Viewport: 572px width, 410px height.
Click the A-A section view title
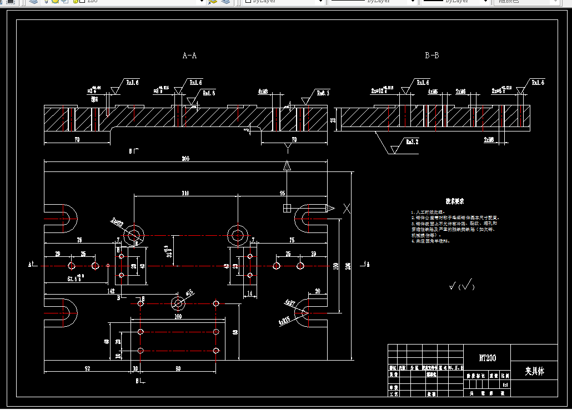pyautogui.click(x=189, y=55)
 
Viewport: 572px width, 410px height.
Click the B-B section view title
pyautogui.click(x=432, y=55)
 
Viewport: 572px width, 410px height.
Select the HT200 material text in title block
pyautogui.click(x=486, y=358)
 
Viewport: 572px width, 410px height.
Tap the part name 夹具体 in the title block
pyautogui.click(x=534, y=371)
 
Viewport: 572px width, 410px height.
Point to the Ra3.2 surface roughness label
pyautogui.click(x=412, y=142)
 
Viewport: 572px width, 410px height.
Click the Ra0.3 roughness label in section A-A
pyautogui.click(x=323, y=93)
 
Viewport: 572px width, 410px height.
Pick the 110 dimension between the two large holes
pyautogui.click(x=185, y=193)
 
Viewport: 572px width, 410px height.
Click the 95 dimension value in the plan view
pyautogui.click(x=283, y=193)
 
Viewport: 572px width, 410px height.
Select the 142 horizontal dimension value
pyautogui.click(x=111, y=290)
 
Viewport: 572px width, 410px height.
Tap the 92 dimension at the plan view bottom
pyautogui.click(x=87, y=368)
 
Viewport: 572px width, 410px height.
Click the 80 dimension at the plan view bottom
pyautogui.click(x=178, y=368)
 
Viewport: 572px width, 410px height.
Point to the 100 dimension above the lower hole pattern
pyautogui.click(x=178, y=316)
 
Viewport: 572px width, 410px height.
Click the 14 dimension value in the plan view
pyautogui.click(x=249, y=293)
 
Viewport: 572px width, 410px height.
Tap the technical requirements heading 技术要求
pyautogui.click(x=454, y=201)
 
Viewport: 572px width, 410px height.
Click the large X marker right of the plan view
pyautogui.click(x=347, y=208)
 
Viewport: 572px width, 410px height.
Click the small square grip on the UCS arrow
pyautogui.click(x=287, y=208)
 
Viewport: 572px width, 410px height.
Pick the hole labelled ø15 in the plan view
pyautogui.click(x=178, y=303)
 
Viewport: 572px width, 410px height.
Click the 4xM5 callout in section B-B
pyautogui.click(x=433, y=90)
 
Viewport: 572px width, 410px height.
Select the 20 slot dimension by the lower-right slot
pyautogui.click(x=317, y=291)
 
